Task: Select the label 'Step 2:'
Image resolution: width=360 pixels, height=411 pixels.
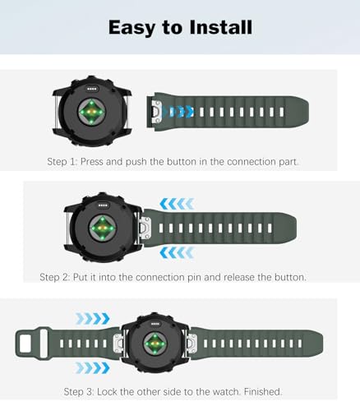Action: tap(58, 277)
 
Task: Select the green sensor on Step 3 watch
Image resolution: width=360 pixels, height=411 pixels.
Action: tap(154, 341)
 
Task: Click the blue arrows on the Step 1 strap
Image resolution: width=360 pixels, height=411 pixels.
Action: tap(178, 111)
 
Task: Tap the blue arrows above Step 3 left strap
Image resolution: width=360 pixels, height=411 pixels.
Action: tap(92, 318)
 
